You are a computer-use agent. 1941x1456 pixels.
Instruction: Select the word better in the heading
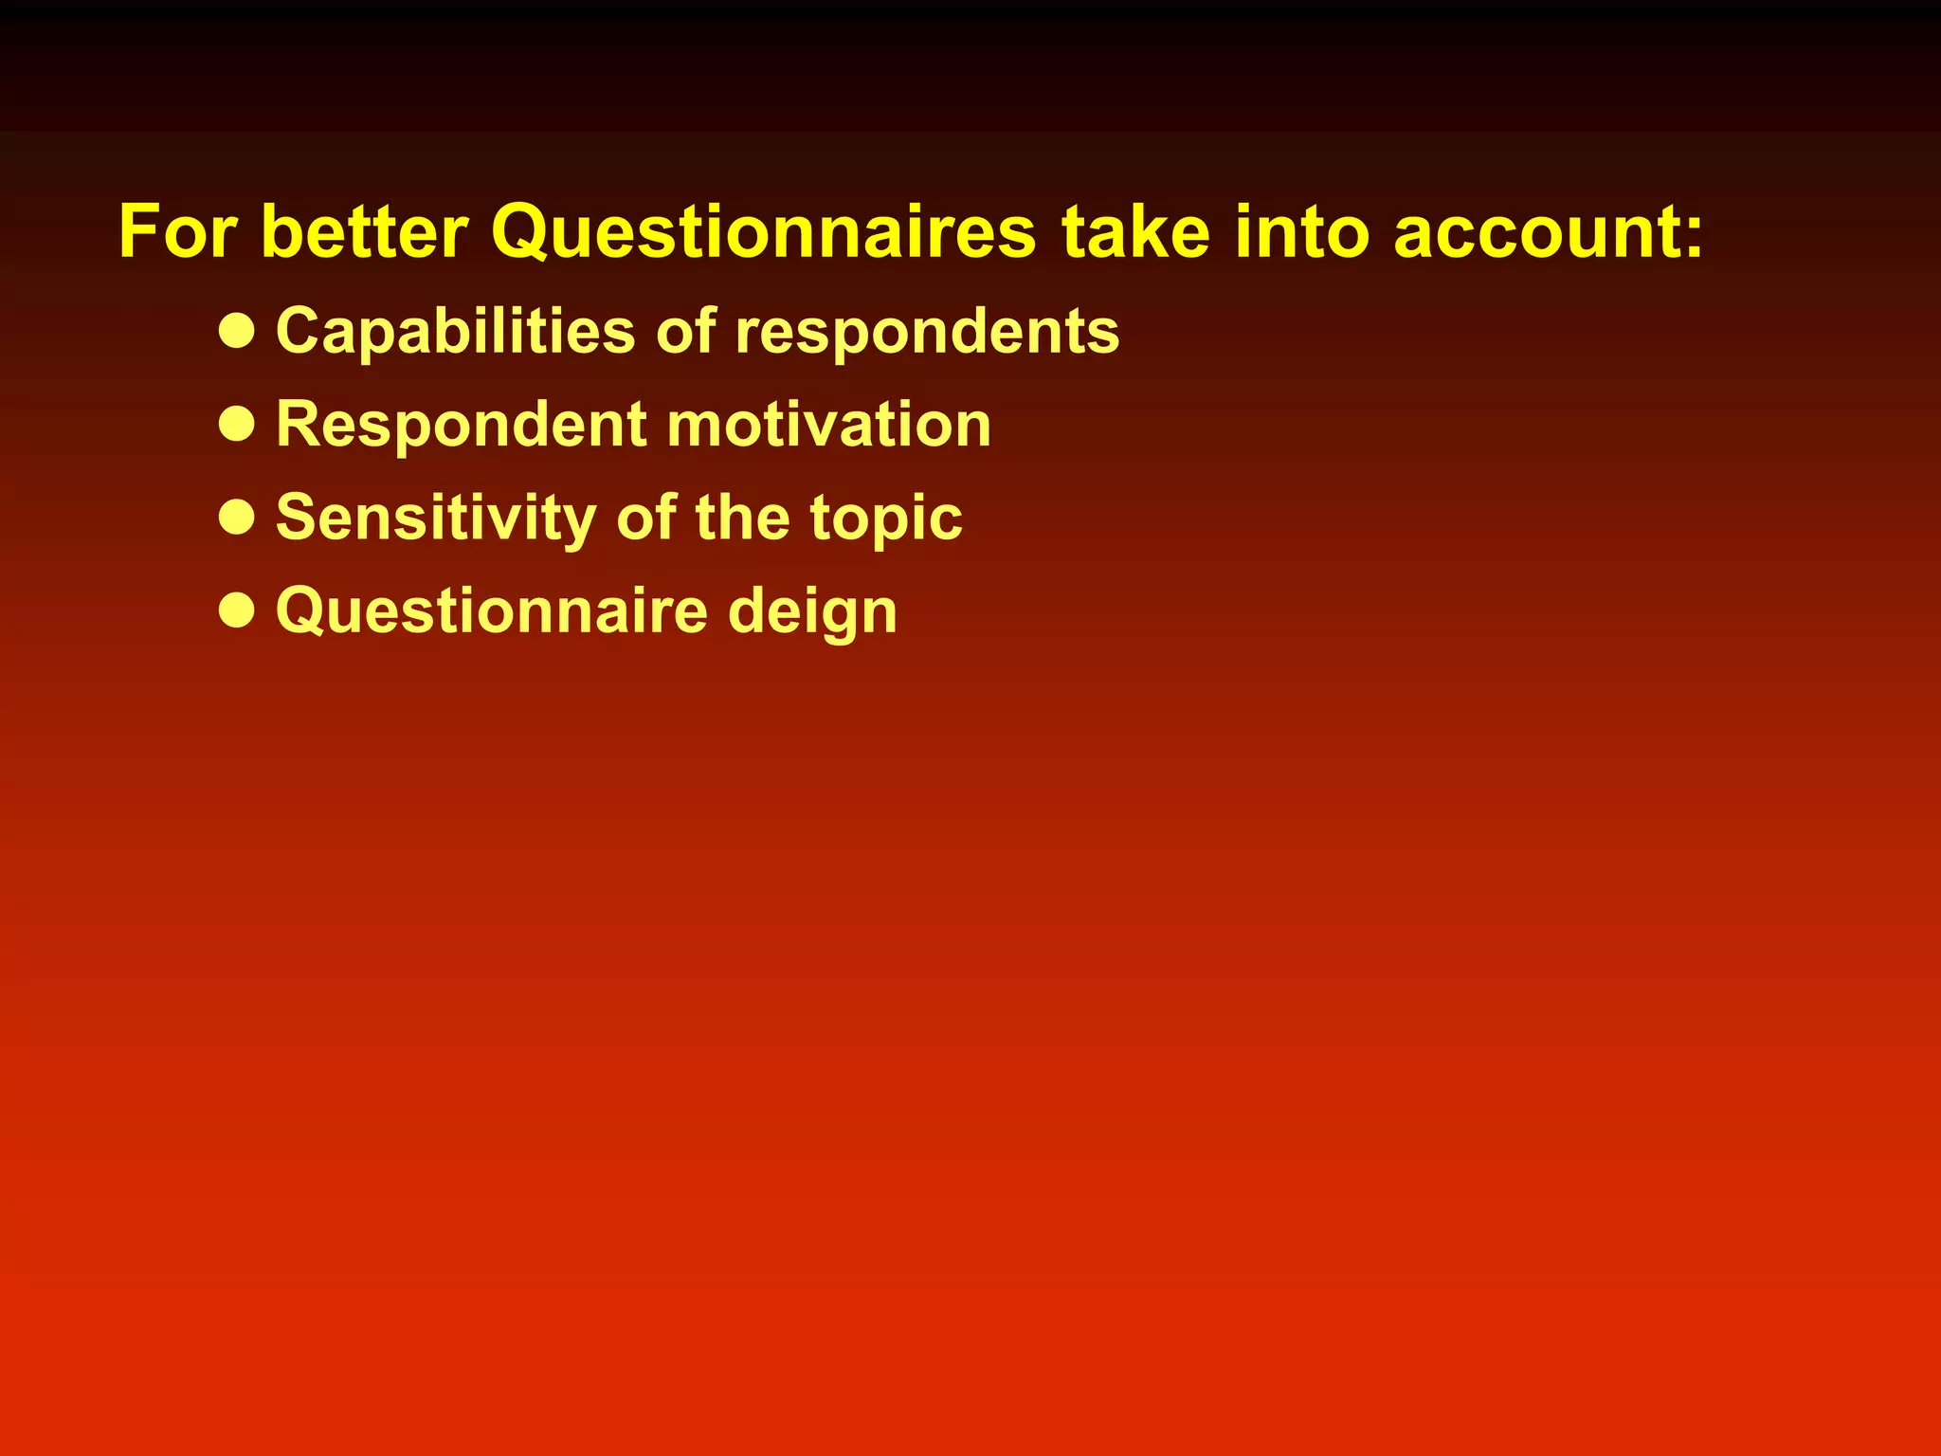[x=364, y=231]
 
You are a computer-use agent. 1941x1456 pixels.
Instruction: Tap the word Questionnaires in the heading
[x=764, y=231]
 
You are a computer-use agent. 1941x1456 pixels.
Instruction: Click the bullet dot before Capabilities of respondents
[x=236, y=331]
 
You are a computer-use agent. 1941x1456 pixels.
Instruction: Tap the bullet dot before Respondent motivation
[x=236, y=424]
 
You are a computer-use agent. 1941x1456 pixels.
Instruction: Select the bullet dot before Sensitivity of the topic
[x=236, y=518]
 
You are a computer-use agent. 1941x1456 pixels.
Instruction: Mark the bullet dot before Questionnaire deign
[x=236, y=610]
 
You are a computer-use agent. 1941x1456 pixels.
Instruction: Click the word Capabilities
[x=455, y=331]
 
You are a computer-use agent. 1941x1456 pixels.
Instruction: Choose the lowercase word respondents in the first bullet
[x=927, y=331]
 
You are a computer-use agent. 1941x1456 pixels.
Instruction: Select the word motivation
[x=828, y=424]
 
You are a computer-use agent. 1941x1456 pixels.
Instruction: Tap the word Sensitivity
[x=436, y=518]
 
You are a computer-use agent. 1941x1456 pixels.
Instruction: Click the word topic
[x=885, y=518]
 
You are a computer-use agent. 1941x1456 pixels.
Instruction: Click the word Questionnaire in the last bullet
[x=491, y=610]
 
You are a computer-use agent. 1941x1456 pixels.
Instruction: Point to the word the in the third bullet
[x=742, y=518]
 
